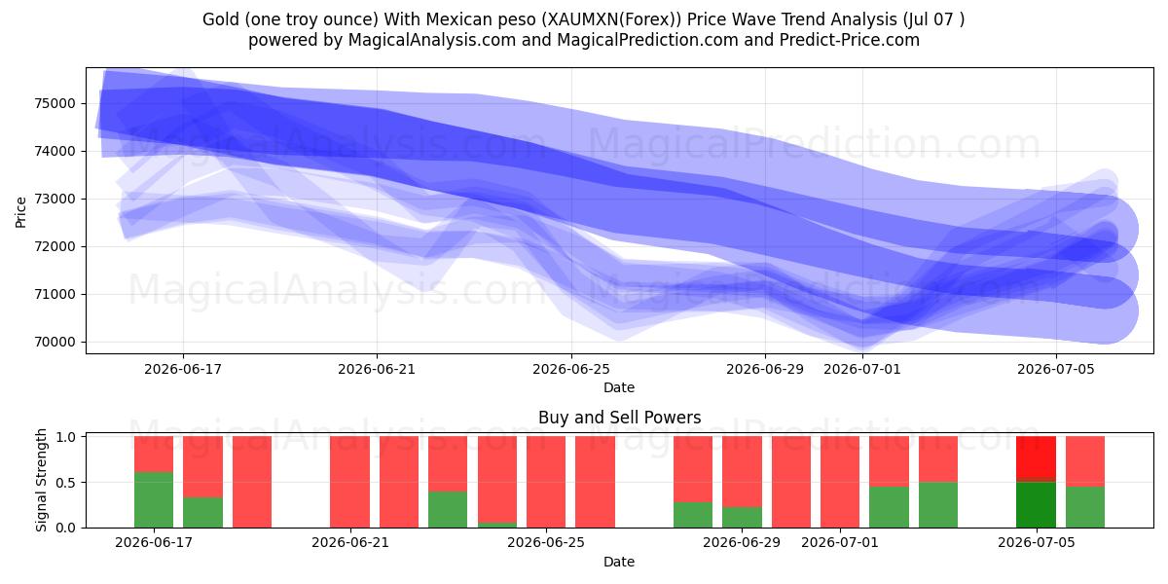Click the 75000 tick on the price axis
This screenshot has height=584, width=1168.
[55, 103]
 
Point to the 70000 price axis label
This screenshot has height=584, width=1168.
[55, 342]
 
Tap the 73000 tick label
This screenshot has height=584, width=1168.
[55, 199]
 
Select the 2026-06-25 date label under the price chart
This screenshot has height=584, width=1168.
[571, 369]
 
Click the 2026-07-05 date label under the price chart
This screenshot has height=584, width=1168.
[1056, 369]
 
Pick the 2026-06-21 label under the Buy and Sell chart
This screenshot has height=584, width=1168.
[350, 543]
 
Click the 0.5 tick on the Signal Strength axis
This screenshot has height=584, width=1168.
[65, 483]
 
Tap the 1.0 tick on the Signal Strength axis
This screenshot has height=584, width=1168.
[65, 437]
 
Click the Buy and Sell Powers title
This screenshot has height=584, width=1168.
[619, 418]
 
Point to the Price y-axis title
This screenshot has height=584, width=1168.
[20, 212]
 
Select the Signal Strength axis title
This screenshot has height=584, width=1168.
[41, 480]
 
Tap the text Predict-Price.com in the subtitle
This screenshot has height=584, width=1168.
[850, 40]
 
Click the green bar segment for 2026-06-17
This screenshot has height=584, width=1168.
[154, 500]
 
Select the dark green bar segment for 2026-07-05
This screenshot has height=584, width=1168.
[1036, 505]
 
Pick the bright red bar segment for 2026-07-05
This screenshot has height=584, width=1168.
[1036, 457]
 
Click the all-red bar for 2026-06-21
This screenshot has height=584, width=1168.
[349, 482]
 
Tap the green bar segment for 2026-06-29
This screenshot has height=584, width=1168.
[742, 517]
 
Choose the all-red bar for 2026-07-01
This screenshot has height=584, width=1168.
[840, 482]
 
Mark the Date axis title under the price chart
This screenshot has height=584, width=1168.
[619, 388]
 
